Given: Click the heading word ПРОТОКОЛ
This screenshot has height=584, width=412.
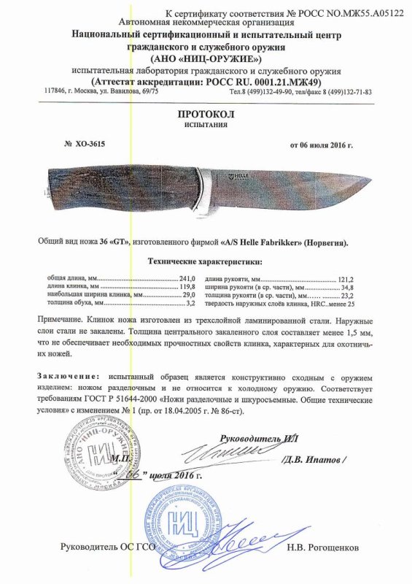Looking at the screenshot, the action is click(206, 115).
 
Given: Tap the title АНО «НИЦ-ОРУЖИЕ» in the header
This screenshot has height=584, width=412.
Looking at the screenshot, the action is click(206, 58).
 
